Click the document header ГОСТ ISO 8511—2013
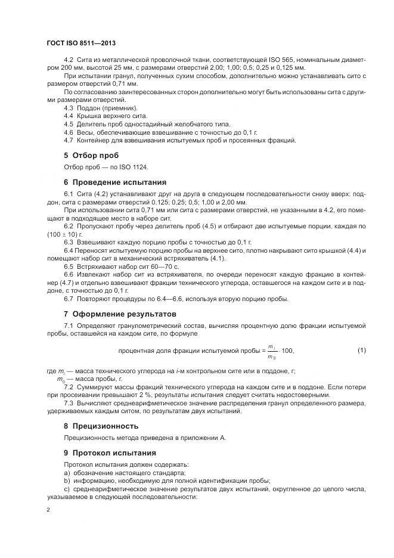pyautogui.click(x=81, y=44)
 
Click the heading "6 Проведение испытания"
pyautogui.click(x=115, y=182)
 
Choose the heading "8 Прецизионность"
pyautogui.click(x=101, y=426)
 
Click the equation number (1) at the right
pyautogui.click(x=361, y=351)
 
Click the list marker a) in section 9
pyautogui.click(x=67, y=473)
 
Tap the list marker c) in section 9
pyautogui.click(x=67, y=489)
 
